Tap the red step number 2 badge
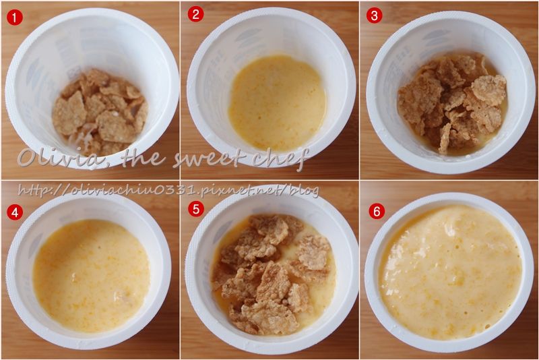(x=195, y=14)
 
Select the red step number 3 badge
(x=375, y=15)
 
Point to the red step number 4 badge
(x=14, y=213)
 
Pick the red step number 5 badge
(x=196, y=209)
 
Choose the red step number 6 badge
(x=377, y=212)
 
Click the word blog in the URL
(x=305, y=191)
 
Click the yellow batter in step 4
(x=92, y=276)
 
